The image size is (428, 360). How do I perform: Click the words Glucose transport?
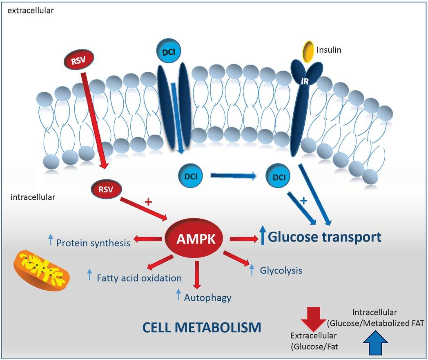[x=325, y=237]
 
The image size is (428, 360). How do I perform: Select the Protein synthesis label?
[x=93, y=243]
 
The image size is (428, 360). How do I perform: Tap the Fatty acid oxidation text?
[x=139, y=278]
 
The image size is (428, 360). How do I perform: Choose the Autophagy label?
[x=207, y=297]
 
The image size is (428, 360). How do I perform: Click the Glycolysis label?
[x=281, y=270]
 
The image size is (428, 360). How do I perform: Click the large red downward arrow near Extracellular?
[x=313, y=319]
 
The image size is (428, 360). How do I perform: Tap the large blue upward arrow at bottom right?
[x=374, y=344]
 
